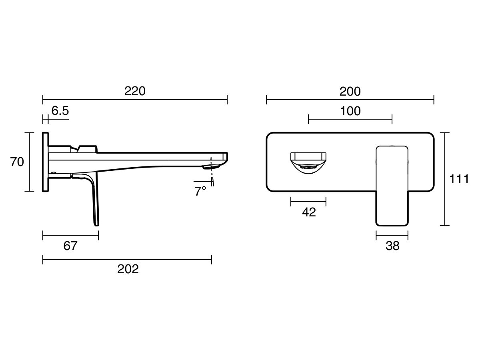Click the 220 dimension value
coord(135,91)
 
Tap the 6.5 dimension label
coord(60,111)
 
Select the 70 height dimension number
coord(17,162)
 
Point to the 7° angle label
coord(200,191)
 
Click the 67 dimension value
coord(70,246)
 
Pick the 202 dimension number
coord(128,269)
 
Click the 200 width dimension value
coord(350,91)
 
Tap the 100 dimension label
coord(350,111)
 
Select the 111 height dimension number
coord(459,179)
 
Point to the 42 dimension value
coord(308,212)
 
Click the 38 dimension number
coord(392,246)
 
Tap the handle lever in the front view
coord(392,186)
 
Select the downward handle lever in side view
coord(94,200)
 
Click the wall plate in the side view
coord(45,162)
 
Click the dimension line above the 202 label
coord(127,260)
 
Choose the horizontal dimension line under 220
coord(135,100)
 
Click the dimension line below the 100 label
coord(350,119)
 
